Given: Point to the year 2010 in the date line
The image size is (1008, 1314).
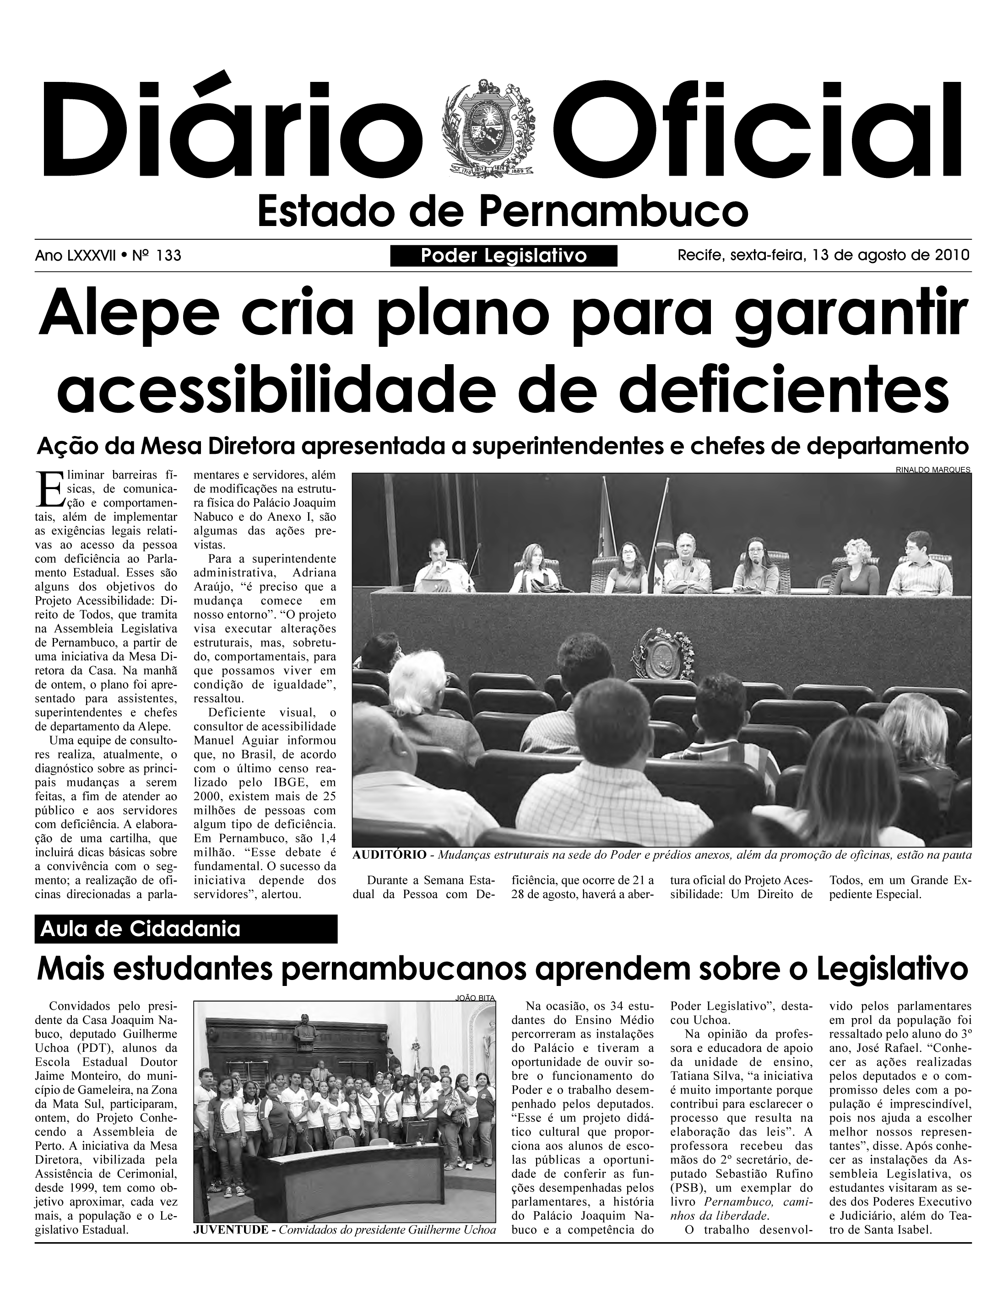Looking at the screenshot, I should [952, 255].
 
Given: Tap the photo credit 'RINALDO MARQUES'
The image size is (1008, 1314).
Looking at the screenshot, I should [932, 470].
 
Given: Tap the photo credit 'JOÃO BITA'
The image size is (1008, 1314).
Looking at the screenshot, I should [475, 998].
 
